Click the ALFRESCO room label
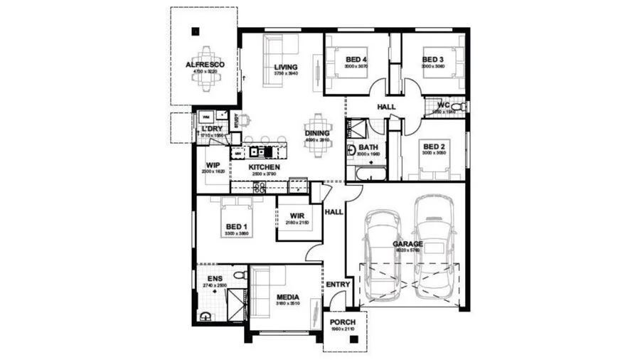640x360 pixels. [205, 65]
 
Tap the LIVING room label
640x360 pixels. [285, 68]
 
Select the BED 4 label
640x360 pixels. [356, 59]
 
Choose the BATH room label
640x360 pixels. [358, 147]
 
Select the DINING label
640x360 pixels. [317, 133]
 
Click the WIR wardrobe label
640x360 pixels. [297, 217]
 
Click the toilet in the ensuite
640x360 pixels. [240, 275]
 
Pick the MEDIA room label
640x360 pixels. [287, 297]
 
